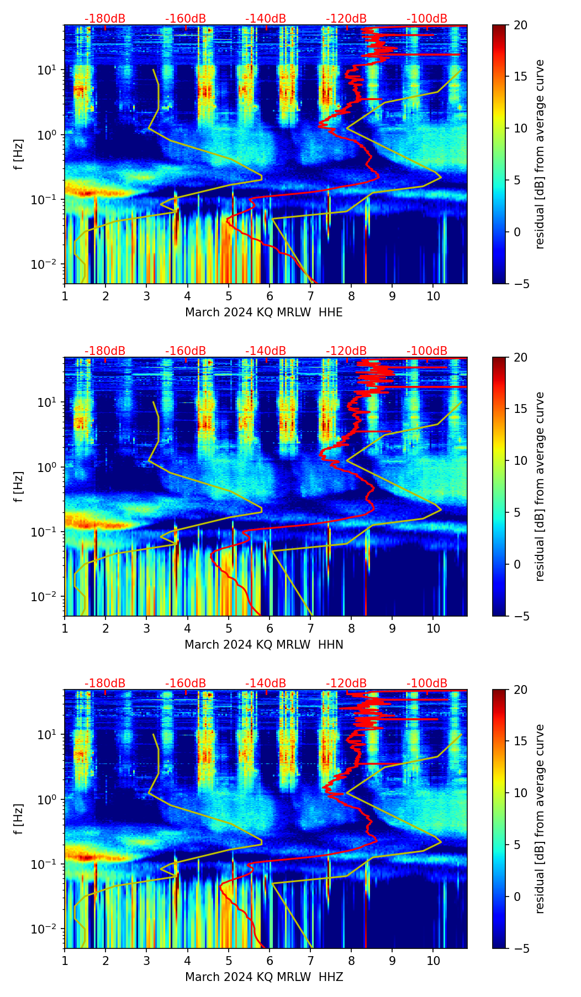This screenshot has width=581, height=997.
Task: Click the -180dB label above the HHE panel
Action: [105, 19]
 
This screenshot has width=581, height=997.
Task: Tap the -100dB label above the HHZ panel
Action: [427, 683]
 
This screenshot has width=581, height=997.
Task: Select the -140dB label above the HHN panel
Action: [266, 351]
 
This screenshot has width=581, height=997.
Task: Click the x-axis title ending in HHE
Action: [263, 312]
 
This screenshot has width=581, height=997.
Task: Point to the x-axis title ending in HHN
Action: [263, 645]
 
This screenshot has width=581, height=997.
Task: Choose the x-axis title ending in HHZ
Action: [263, 977]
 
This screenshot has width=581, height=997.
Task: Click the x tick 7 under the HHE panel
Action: [310, 296]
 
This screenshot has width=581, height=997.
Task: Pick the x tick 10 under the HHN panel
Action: [434, 628]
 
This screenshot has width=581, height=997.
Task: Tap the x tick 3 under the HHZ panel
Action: [146, 961]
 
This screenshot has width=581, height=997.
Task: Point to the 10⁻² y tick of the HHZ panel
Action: [47, 929]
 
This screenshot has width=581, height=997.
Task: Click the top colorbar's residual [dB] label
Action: [540, 154]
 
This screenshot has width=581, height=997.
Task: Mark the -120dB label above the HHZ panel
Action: [346, 683]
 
